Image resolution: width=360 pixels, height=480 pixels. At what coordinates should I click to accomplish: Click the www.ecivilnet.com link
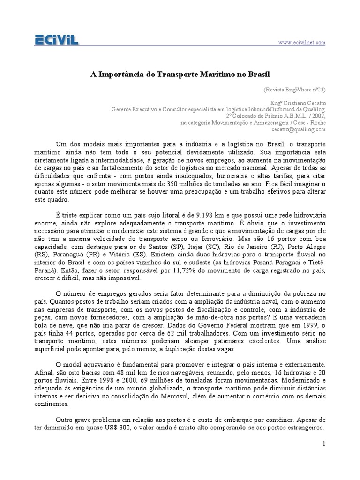(x=301, y=43)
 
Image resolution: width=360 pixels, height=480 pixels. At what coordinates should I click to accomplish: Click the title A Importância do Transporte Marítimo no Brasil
(x=180, y=74)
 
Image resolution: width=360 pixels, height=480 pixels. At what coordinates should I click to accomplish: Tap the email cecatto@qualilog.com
(x=300, y=129)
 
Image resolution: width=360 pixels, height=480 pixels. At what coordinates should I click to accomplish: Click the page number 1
(x=323, y=443)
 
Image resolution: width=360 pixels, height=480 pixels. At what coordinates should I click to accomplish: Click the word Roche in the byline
(x=317, y=123)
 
